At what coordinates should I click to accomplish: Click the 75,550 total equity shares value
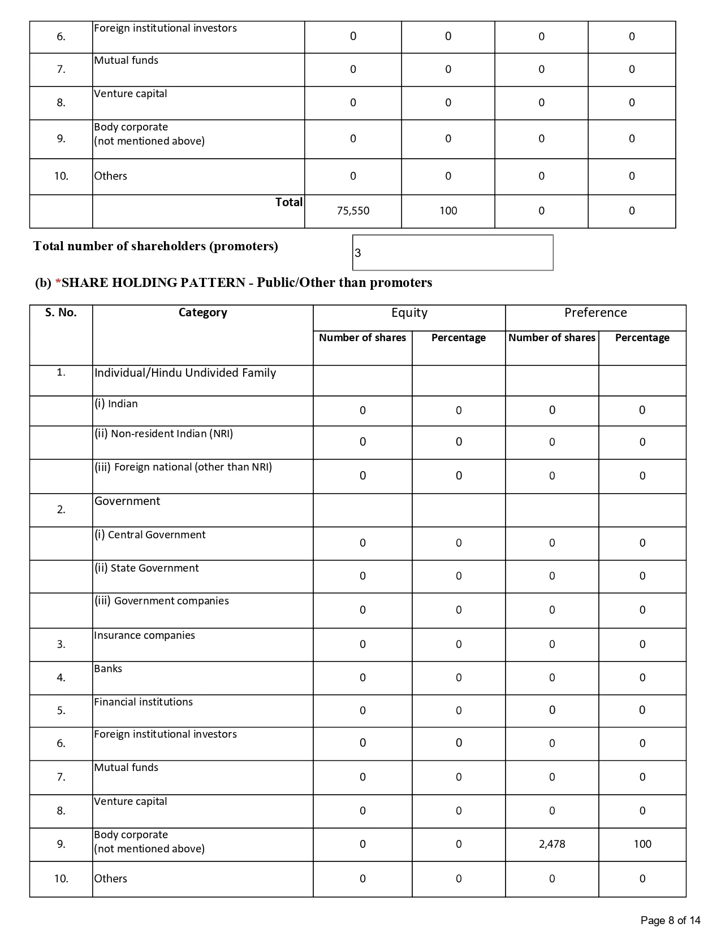click(x=353, y=211)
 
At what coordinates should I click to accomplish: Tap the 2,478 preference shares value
click(x=552, y=844)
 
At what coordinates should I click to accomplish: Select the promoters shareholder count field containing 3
click(x=452, y=252)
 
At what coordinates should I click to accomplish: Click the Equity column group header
click(x=409, y=313)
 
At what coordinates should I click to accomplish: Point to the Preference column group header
click(x=595, y=313)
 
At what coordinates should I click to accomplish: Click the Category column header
click(x=202, y=313)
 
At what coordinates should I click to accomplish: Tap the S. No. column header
click(x=61, y=313)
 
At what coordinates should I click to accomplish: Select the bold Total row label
click(x=289, y=202)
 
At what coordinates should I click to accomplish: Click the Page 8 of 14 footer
click(x=671, y=921)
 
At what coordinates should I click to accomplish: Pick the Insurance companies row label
click(x=145, y=635)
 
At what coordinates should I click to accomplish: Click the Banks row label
click(x=108, y=669)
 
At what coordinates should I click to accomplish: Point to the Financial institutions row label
click(x=144, y=702)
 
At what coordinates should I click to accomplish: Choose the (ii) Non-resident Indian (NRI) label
click(x=164, y=434)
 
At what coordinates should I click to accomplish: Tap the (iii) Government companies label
click(x=162, y=601)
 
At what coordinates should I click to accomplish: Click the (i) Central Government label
click(x=150, y=535)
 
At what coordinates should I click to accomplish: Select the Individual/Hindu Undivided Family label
click(x=185, y=373)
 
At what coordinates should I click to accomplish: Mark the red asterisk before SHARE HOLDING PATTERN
click(x=58, y=282)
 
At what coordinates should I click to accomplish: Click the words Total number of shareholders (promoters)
click(x=156, y=246)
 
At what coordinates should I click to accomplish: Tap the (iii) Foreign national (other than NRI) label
click(x=183, y=467)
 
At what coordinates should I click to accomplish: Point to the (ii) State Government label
click(x=146, y=568)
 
